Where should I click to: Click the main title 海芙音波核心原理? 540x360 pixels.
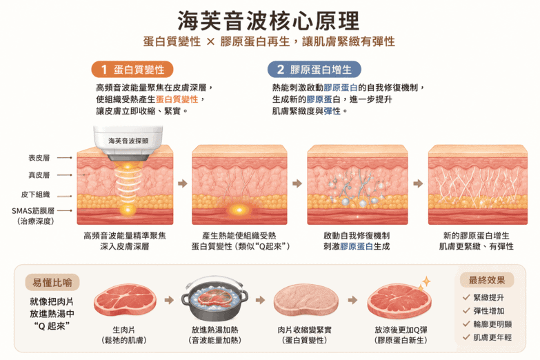coord(269,21)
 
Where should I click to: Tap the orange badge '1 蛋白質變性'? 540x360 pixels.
coord(132,70)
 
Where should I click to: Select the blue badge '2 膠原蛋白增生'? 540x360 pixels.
coord(314,70)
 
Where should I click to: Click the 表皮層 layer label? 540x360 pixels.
coord(39,158)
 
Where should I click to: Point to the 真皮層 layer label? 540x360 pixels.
coord(39,175)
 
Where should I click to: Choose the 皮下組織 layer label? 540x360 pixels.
coord(35,194)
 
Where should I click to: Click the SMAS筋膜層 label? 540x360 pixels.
coord(33,210)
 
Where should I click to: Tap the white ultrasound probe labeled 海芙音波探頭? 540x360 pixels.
coord(128,143)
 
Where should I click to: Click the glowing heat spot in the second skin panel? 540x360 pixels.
coord(239,210)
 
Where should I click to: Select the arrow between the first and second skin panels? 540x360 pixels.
coord(183,183)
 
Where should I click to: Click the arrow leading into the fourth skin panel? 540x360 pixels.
coord(418,183)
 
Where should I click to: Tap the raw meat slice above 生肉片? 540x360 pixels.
coord(125,301)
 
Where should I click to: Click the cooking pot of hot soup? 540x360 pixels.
coord(214,299)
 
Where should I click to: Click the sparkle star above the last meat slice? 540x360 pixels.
coord(426,282)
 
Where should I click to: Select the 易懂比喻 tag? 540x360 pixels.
coord(52,283)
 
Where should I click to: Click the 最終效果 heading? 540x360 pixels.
coord(487,280)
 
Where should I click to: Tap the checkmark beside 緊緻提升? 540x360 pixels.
coord(466,297)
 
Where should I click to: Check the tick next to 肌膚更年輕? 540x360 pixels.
coord(466,337)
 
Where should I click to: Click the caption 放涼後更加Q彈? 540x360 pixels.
coord(401,330)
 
